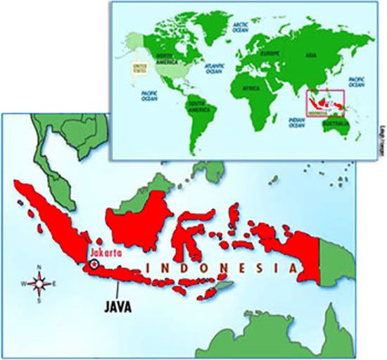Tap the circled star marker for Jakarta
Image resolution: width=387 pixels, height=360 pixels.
(x=94, y=265)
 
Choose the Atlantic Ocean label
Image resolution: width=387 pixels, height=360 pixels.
(x=215, y=67)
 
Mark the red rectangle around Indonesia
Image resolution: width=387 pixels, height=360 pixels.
(x=324, y=103)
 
